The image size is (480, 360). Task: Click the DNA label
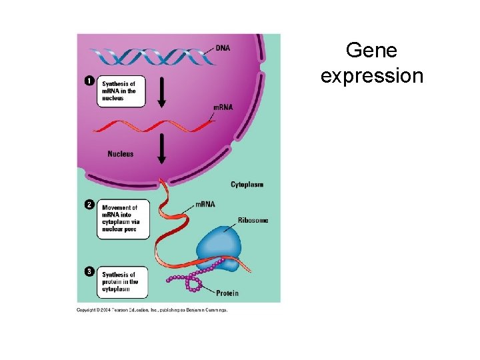coord(223,47)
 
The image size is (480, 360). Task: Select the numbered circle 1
coord(89,81)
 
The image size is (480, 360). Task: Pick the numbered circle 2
coord(89,205)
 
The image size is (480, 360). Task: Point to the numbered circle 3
coord(89,271)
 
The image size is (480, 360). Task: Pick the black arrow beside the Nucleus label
coord(161,148)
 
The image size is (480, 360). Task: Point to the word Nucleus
coord(121,154)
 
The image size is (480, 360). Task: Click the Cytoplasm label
coord(247,184)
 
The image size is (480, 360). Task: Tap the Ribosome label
coord(253,220)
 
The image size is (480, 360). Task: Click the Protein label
coord(227,293)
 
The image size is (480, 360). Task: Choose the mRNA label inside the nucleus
coord(223,107)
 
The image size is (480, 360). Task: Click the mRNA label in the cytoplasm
coord(205,204)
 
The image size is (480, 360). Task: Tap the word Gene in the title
coord(371,51)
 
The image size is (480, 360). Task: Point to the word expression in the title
coord(371,75)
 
